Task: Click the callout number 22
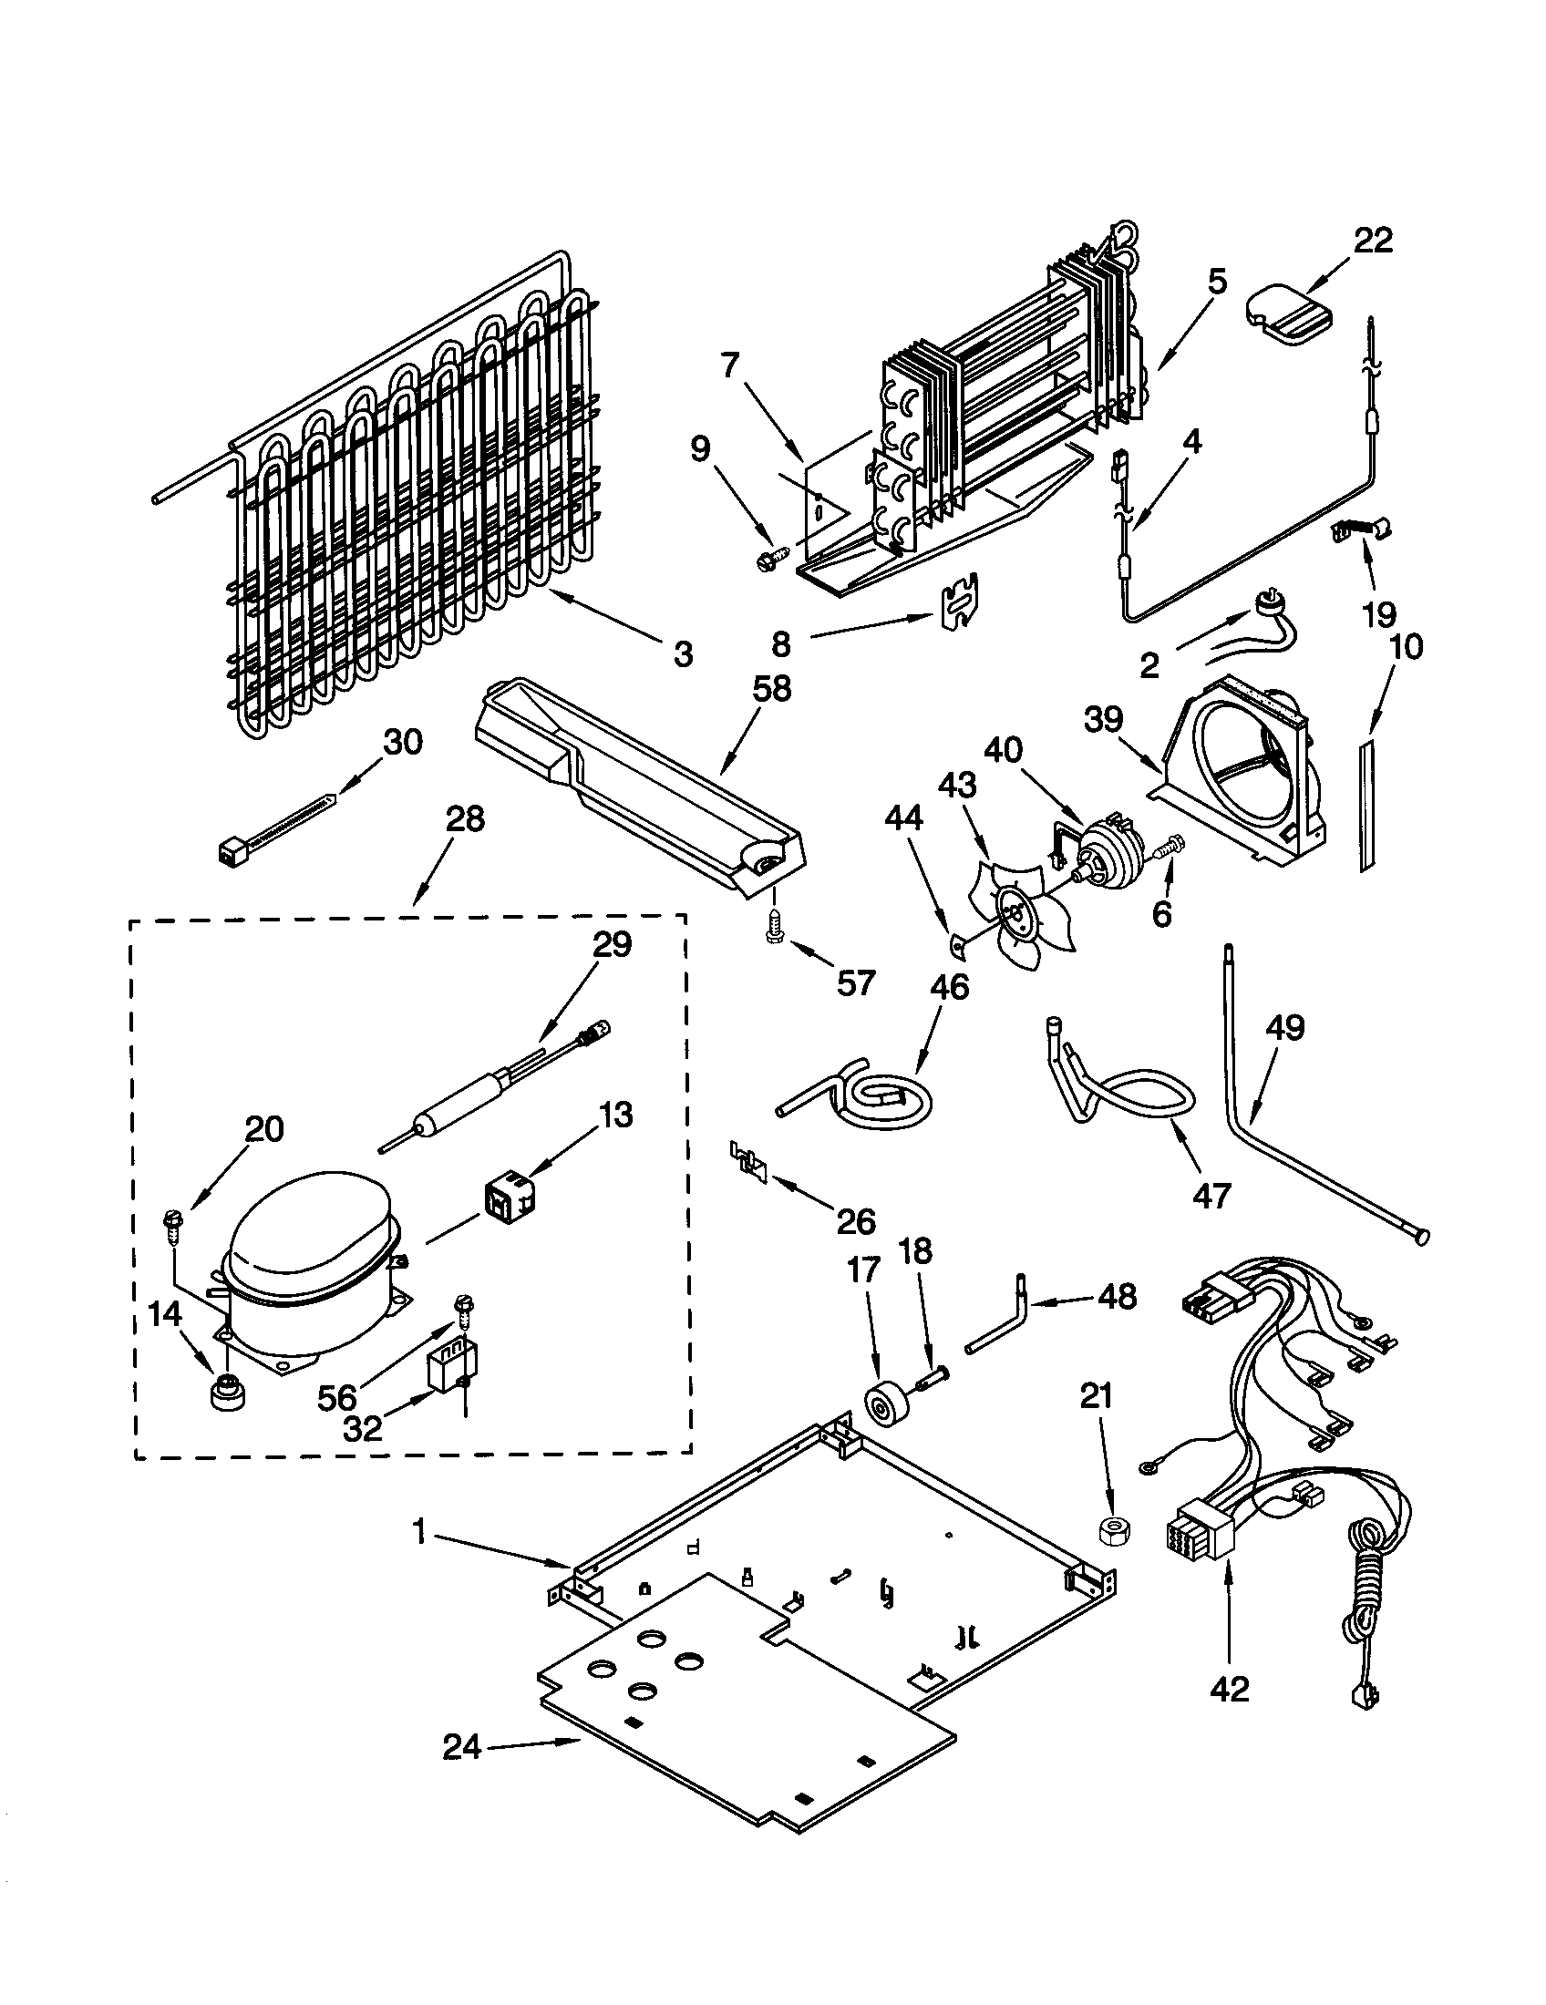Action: click(1373, 241)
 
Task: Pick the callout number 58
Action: click(771, 686)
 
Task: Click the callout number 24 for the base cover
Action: click(461, 1748)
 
